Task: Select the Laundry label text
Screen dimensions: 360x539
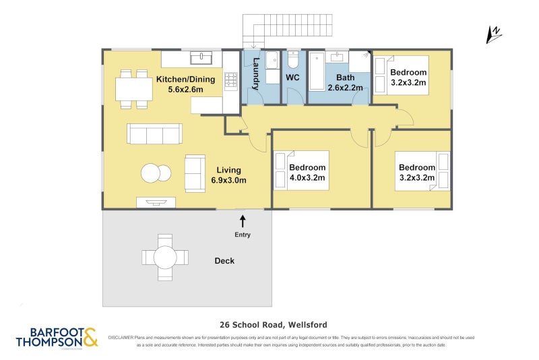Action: click(x=256, y=75)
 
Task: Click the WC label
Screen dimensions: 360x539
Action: click(x=292, y=78)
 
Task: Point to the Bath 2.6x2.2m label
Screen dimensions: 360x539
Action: click(x=345, y=83)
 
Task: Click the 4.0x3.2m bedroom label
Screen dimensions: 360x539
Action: click(x=307, y=173)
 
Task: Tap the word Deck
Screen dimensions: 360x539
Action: click(x=224, y=261)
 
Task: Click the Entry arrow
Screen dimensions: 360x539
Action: click(x=243, y=220)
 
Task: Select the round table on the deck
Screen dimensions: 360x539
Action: click(x=164, y=257)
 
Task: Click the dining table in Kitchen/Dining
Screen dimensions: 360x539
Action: click(x=133, y=88)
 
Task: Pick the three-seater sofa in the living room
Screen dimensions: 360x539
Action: click(x=154, y=133)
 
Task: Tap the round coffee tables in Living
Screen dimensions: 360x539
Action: click(x=156, y=173)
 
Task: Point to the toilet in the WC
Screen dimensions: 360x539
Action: click(x=293, y=62)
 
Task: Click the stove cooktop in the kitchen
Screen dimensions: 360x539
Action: click(x=230, y=81)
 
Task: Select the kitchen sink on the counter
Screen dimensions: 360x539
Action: click(x=201, y=58)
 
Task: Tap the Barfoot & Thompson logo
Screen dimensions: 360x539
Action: click(x=57, y=337)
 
